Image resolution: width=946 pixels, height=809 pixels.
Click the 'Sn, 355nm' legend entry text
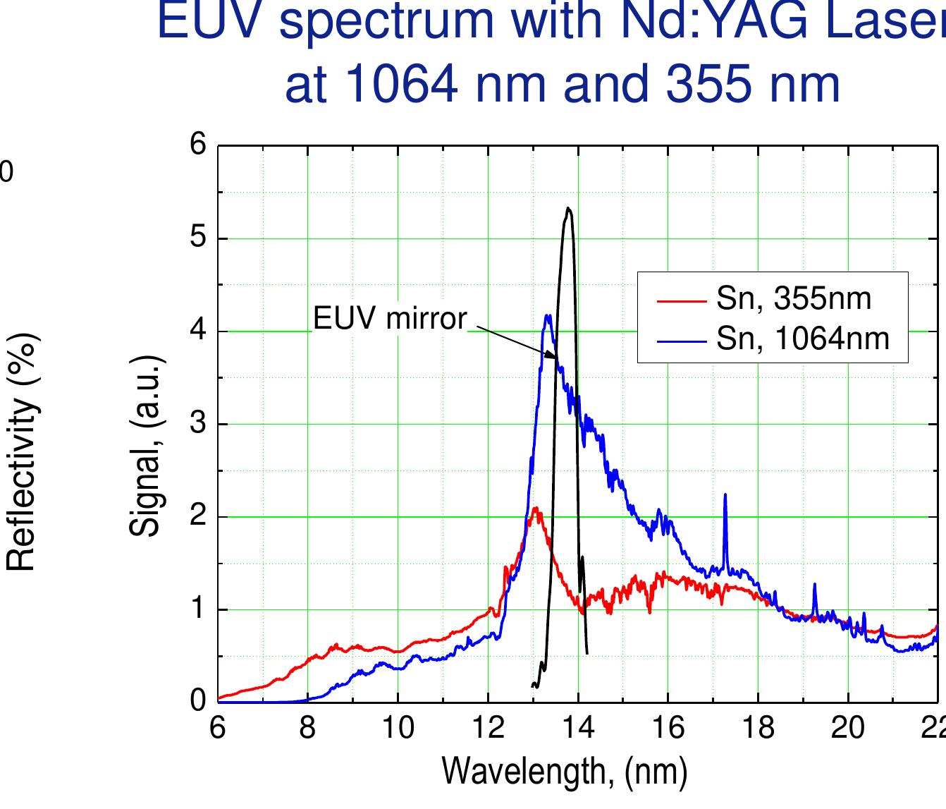794,299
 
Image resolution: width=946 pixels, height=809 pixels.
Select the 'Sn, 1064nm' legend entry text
802,339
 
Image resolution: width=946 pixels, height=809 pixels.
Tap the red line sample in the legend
681,301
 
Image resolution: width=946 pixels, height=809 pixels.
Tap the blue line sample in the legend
681,341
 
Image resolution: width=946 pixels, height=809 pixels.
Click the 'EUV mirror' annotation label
390,319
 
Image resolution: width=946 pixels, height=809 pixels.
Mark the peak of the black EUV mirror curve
568,208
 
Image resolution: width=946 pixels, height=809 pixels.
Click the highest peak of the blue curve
547,315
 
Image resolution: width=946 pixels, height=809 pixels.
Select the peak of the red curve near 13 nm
536,508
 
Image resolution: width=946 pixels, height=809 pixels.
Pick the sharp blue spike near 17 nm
725,495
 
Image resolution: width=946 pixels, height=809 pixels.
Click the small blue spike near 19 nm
814,584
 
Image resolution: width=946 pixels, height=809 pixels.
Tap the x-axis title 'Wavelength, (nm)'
564,771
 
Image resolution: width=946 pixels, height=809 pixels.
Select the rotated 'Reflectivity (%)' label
21,452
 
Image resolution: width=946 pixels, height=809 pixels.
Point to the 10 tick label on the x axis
398,726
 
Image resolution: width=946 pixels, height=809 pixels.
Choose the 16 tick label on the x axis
668,726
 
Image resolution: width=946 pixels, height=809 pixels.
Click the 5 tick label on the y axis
198,238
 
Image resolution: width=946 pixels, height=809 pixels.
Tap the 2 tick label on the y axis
198,516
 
